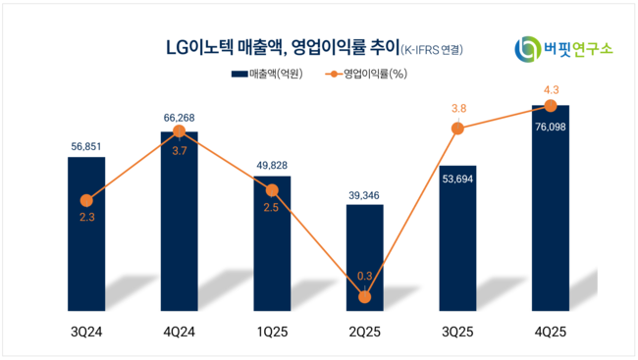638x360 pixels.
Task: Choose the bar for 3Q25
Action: [457, 235]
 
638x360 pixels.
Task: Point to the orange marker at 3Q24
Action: [86, 200]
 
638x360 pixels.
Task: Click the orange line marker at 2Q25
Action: [365, 296]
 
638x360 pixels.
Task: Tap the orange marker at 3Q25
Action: [457, 129]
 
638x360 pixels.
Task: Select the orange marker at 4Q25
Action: [551, 105]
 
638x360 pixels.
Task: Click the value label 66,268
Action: [179, 120]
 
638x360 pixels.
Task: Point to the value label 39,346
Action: [365, 193]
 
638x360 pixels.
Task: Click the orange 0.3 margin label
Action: [365, 278]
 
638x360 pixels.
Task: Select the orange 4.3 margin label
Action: [551, 88]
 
